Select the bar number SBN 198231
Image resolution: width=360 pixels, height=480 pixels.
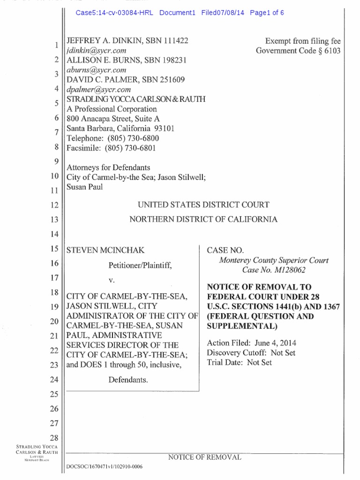pos(166,60)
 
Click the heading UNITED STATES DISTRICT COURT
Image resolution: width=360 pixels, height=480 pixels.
pos(203,204)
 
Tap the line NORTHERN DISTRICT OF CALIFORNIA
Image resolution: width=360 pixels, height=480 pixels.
pos(203,219)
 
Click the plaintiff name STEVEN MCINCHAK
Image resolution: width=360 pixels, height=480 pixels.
pos(102,251)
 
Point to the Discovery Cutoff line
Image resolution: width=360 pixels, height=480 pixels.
pos(251,352)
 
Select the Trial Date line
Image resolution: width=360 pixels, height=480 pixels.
pos(239,362)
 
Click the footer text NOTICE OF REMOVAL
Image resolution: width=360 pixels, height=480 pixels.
pos(204,457)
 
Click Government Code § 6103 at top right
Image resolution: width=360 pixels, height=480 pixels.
pos(298,51)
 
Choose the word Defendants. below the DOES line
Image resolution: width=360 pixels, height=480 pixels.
pos(128,380)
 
